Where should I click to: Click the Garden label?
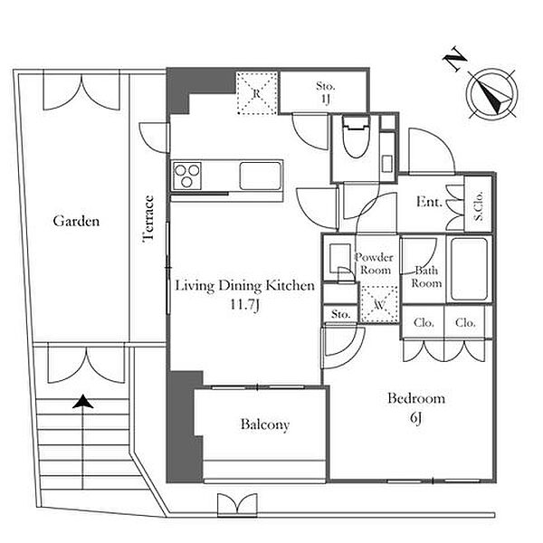pos(76,221)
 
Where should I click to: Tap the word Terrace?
pos(148,218)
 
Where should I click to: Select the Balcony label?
pos(265,424)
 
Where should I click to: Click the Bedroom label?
pos(416,398)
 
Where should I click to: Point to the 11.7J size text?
pos(245,305)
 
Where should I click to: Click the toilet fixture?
pos(356,137)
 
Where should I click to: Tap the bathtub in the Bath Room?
pos(469,270)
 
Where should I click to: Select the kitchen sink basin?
pos(260,176)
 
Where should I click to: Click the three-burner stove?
pos(187,176)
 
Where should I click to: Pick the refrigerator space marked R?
pos(257,93)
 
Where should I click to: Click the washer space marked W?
pos(379,305)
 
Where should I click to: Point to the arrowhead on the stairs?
pos(82,402)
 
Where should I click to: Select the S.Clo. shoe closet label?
pos(479,205)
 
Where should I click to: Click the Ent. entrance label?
pos(429,202)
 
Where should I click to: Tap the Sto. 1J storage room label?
pos(326,92)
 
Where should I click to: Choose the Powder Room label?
pos(375,263)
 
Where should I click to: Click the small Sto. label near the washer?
pos(341,314)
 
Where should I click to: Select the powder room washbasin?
pos(339,258)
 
